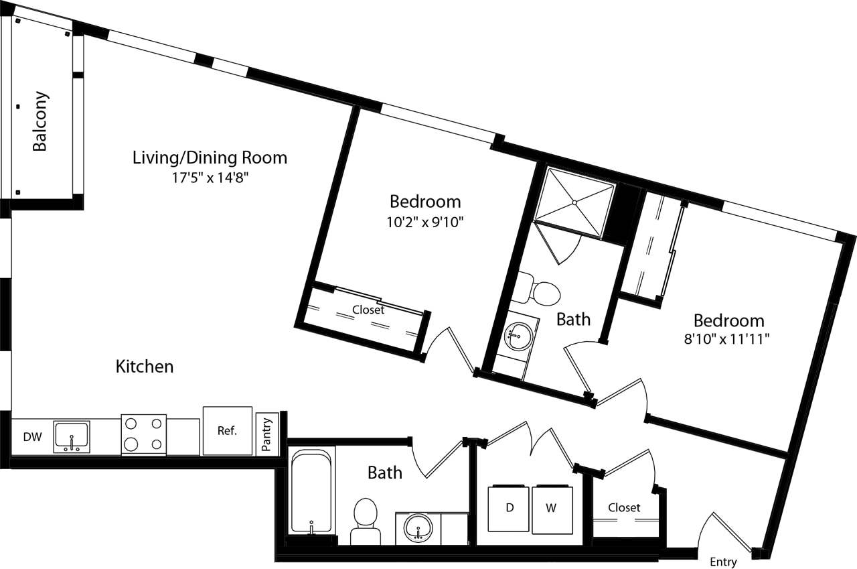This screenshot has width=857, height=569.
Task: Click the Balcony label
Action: (x=40, y=121)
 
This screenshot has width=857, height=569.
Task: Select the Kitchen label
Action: (x=145, y=367)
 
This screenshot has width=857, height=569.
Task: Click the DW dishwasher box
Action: (x=32, y=437)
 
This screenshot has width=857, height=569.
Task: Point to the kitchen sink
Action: (x=71, y=436)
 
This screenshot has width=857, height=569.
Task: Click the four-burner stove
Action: (x=143, y=434)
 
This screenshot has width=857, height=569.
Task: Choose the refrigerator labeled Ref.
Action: (x=227, y=431)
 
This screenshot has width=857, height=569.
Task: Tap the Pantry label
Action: (x=266, y=434)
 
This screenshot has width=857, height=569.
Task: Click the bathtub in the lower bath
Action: (x=311, y=491)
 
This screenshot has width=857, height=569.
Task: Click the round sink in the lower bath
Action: (x=418, y=527)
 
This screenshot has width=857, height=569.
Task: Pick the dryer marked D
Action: (x=509, y=509)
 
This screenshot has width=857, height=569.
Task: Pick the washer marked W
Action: (x=551, y=509)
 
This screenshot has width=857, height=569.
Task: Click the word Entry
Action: (x=722, y=562)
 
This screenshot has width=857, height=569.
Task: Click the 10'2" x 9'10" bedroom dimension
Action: (x=425, y=222)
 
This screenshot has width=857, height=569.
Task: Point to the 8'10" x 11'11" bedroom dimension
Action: (x=728, y=339)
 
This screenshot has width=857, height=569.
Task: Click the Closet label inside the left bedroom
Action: (x=368, y=310)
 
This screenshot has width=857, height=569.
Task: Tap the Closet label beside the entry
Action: (x=624, y=507)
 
